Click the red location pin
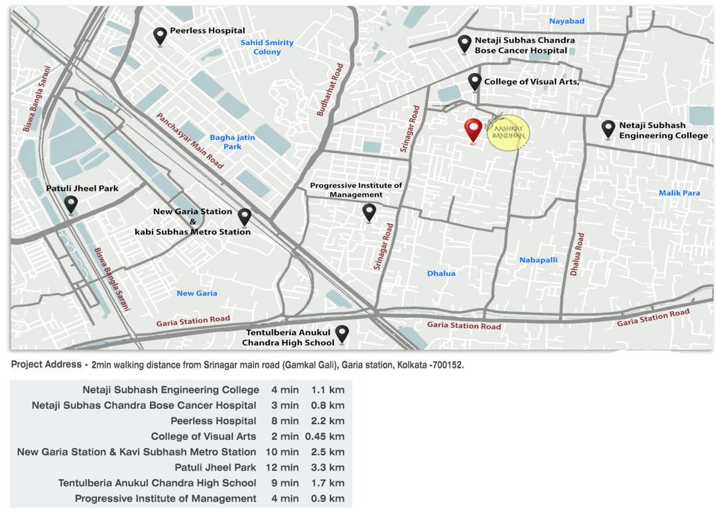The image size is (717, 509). [x=473, y=130]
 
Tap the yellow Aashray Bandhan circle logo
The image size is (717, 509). [x=509, y=131]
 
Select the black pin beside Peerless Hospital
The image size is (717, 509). [x=160, y=36]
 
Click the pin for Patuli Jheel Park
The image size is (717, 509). [x=71, y=204]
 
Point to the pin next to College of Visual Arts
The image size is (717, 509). [x=474, y=82]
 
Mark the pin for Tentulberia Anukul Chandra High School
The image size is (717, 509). [x=342, y=334]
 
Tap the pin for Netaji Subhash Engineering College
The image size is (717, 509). [x=608, y=129]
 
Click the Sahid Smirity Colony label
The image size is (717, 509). [x=267, y=47]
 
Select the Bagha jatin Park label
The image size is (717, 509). [x=232, y=142]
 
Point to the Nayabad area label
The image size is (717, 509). [x=566, y=21]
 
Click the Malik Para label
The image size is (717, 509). [x=679, y=193]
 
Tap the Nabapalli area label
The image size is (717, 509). [x=538, y=260]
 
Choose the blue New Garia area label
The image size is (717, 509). [x=197, y=293]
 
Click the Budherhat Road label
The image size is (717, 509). [x=329, y=90]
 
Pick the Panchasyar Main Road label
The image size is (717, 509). [x=190, y=140]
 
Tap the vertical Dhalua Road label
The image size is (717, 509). [x=576, y=254]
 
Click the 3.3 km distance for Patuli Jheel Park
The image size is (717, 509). [x=328, y=467]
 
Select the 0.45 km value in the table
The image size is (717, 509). [x=325, y=436]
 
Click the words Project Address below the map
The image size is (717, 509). [x=45, y=365]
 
